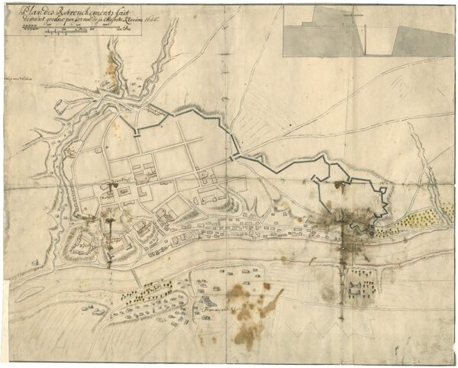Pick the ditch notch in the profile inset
tap(378, 46)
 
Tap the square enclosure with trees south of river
tap(356, 288)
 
